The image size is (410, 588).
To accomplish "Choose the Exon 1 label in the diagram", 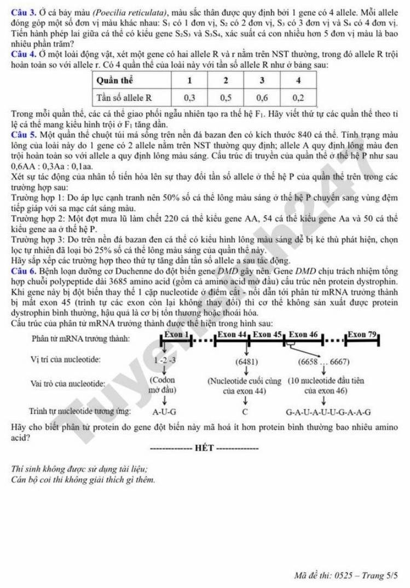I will tap(177, 335).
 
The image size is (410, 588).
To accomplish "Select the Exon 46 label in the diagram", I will tap(303, 335).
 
